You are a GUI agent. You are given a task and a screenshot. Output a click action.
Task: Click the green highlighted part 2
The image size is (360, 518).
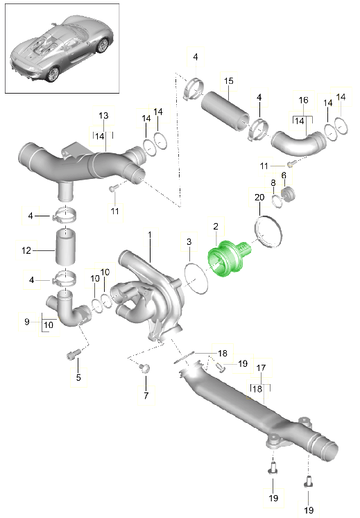coord(228,258)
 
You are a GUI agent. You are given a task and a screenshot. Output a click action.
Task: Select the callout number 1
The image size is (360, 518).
coord(150,235)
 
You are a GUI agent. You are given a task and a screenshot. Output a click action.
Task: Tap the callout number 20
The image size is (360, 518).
coord(259,197)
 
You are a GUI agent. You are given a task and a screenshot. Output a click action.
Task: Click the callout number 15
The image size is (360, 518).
coord(228,80)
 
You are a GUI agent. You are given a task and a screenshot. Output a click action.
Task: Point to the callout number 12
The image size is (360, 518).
coord(26,250)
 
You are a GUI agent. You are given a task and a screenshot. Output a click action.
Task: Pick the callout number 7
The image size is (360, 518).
coord(146,395)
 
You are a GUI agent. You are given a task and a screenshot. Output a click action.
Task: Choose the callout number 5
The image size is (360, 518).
coord(78,377)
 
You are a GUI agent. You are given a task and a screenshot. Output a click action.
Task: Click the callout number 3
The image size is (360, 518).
coord(189,241)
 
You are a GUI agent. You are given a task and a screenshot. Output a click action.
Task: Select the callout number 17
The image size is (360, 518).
coord(261,368)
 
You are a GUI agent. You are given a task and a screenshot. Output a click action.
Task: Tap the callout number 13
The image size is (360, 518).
coord(103,115)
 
